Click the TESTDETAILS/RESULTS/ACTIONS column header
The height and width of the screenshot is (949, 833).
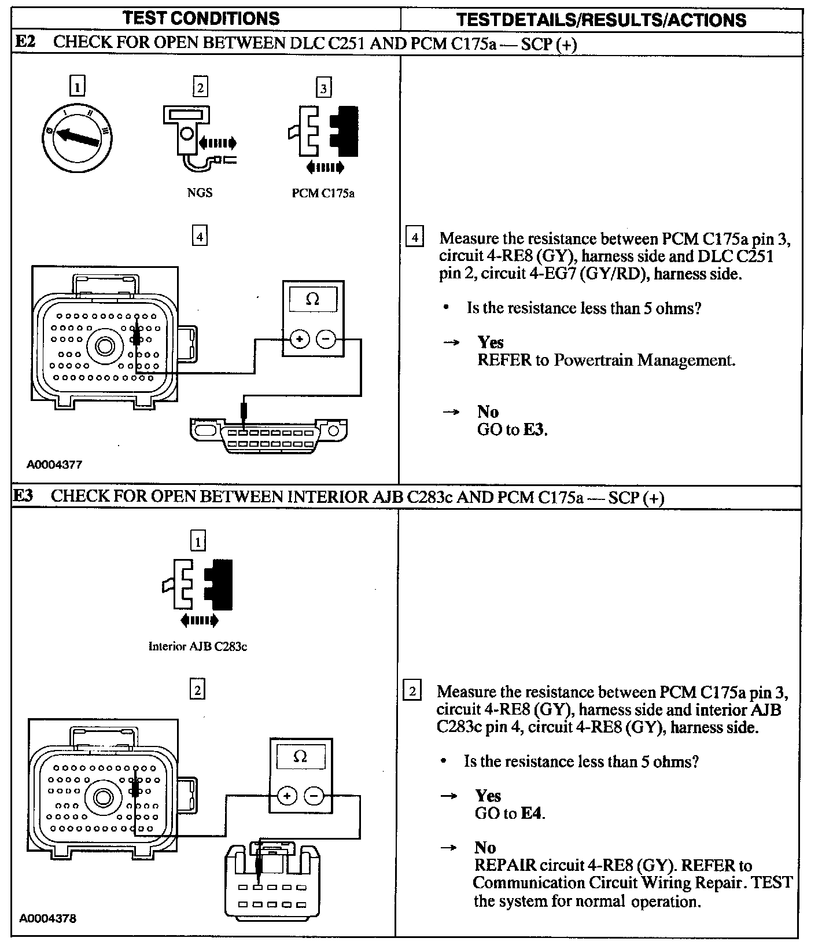tap(601, 20)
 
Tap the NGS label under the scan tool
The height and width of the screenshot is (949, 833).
tap(200, 193)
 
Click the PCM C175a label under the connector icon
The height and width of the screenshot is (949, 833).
tap(323, 193)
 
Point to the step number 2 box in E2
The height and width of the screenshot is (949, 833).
tap(200, 87)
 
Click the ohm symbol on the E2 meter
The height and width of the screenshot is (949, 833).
tap(312, 299)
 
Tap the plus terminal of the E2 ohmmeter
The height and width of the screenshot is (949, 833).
tap(299, 339)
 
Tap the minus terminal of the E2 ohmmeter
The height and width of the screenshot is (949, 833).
tap(326, 339)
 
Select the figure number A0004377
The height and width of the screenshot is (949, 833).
tap(54, 464)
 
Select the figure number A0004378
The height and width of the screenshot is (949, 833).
tap(48, 918)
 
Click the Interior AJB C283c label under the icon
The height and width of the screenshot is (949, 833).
tap(198, 646)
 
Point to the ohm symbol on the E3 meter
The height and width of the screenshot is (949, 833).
tap(300, 756)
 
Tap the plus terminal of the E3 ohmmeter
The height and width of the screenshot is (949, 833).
tap(287, 796)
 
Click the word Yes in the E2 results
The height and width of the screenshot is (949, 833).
tap(491, 342)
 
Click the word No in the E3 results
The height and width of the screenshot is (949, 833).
tap(485, 848)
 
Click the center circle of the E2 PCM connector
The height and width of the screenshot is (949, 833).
tap(105, 347)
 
